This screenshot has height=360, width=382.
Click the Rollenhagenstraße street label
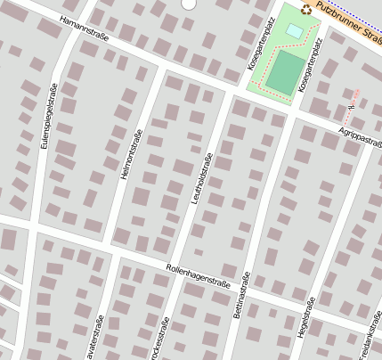coord(199,275)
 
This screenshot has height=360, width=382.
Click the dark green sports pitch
coord(283,71)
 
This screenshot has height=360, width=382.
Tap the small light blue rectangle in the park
coord(294,31)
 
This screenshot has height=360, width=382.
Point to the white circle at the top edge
coord(188,4)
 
